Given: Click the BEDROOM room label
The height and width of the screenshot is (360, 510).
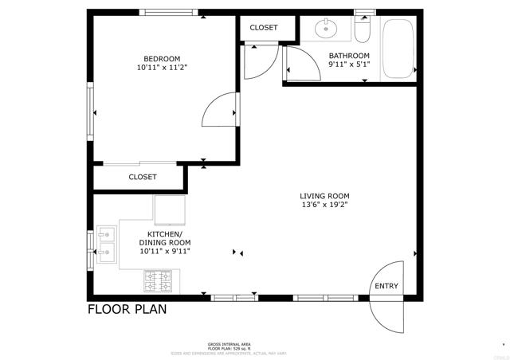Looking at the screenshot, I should pyautogui.click(x=162, y=58).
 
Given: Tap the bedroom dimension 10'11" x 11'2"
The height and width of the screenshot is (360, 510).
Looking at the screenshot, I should pyautogui.click(x=162, y=68).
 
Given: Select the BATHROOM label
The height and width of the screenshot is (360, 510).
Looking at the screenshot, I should pyautogui.click(x=349, y=56).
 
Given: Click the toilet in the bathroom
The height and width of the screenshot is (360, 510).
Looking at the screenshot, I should pyautogui.click(x=363, y=30).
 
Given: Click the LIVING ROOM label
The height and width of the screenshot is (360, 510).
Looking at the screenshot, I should pyautogui.click(x=324, y=196).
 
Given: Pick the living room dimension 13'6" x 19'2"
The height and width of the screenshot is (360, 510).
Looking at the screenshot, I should pyautogui.click(x=324, y=205).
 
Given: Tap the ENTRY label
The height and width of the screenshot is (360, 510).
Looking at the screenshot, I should pyautogui.click(x=386, y=287).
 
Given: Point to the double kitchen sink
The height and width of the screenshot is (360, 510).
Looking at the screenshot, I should pyautogui.click(x=107, y=244).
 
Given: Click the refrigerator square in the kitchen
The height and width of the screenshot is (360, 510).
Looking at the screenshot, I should pyautogui.click(x=170, y=209).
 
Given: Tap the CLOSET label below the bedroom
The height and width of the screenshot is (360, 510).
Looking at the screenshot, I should pyautogui.click(x=143, y=177).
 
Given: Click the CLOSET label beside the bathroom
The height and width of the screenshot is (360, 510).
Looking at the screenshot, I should pyautogui.click(x=264, y=28).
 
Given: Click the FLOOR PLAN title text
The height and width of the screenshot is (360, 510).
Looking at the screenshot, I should pyautogui.click(x=127, y=309).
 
